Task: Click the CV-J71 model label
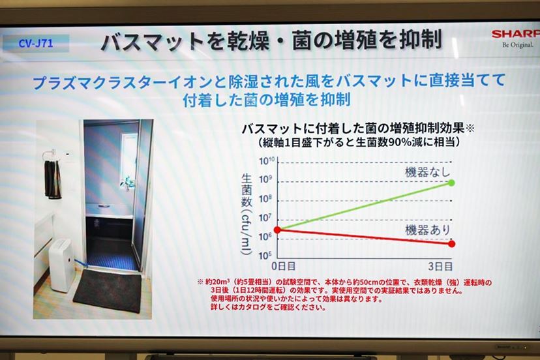[35, 44]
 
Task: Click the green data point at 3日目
[451, 183]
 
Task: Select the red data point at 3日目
[451, 244]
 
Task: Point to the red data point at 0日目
[278, 230]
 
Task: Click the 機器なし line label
[427, 172]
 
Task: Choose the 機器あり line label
[427, 230]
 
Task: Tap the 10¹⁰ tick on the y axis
[267, 161]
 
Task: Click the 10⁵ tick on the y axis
[265, 255]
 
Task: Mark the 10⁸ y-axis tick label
[265, 199]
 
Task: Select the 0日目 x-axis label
[284, 266]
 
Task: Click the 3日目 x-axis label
[440, 266]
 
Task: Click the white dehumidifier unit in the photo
[61, 265]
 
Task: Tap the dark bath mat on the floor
[108, 290]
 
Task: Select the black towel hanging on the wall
[53, 179]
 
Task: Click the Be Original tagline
[518, 45]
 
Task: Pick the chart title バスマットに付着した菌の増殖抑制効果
[353, 128]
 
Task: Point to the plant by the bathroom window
[127, 183]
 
